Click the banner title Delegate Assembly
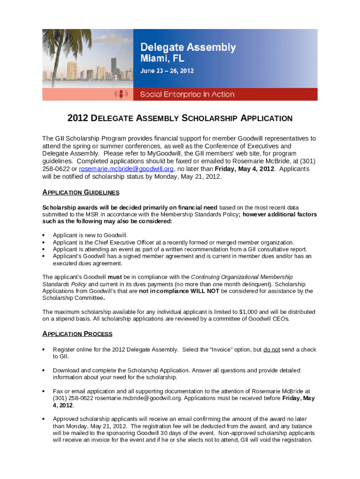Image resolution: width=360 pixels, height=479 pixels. [188, 47]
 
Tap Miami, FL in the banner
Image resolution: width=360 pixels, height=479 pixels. [163, 59]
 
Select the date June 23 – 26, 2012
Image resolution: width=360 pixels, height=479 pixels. [167, 71]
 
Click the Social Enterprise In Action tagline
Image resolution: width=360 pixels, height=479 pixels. [187, 94]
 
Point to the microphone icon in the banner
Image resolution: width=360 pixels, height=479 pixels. [121, 94]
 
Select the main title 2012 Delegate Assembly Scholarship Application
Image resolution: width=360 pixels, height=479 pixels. [180, 118]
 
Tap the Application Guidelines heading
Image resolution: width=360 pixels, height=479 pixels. [80, 192]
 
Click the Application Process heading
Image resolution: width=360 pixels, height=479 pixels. [77, 334]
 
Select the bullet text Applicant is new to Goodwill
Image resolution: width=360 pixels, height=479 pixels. [90, 235]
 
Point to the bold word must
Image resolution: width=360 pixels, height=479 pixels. [115, 277]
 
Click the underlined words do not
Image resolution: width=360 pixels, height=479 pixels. [272, 349]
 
